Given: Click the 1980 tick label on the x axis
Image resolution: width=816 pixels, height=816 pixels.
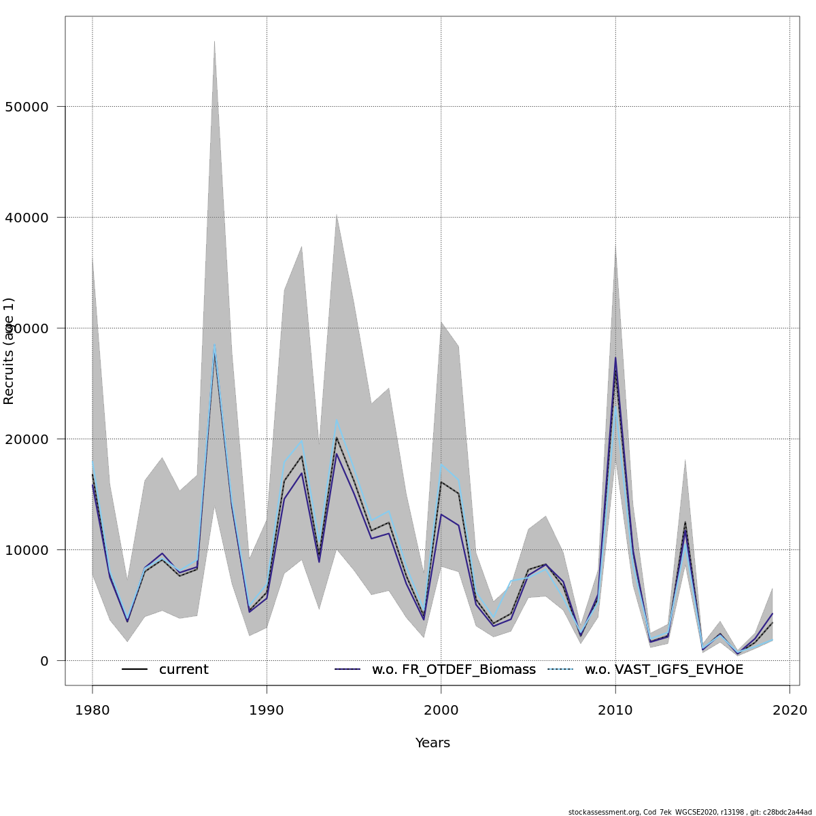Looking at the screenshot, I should (x=92, y=711).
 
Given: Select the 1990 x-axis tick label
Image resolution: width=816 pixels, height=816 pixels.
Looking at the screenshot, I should (x=267, y=711).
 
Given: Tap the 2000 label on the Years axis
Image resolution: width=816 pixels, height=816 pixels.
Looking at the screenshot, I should (x=441, y=711).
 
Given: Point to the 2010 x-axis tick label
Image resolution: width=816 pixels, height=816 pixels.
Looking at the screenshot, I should (x=615, y=711).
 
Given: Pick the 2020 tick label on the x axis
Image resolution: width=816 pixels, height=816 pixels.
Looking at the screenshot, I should (x=789, y=711).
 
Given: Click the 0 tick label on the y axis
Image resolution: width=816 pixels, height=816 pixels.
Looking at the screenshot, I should (x=44, y=661).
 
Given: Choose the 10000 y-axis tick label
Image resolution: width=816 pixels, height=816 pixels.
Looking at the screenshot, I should (x=27, y=550).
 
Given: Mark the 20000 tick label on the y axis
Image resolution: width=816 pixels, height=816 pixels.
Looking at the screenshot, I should (x=27, y=439).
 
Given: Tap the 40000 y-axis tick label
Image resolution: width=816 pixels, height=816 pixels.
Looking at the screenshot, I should (x=27, y=218).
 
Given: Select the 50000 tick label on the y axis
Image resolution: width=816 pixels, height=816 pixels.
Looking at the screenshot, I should (x=27, y=107).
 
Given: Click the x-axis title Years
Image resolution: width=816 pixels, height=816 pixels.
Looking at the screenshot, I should (x=432, y=743).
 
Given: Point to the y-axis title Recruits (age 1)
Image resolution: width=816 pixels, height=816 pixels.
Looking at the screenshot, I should (x=9, y=351).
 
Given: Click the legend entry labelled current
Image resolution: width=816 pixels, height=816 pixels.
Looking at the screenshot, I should (x=184, y=670).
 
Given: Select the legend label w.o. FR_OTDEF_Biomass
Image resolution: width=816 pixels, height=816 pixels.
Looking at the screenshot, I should (x=454, y=670).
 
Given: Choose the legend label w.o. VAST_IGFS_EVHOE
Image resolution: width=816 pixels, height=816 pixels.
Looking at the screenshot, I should (x=664, y=670).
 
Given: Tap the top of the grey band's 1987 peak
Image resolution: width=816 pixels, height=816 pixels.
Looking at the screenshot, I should (x=214, y=40).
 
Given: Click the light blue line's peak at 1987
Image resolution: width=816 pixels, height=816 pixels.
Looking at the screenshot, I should (x=214, y=344).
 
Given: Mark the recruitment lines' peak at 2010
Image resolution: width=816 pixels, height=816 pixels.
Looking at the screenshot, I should (x=615, y=358).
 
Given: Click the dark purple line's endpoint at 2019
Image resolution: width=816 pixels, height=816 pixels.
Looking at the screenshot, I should (x=772, y=614).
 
